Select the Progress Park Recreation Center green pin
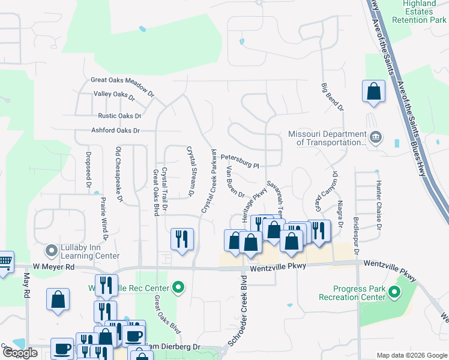(x=394, y=293)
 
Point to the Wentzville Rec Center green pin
(x=178, y=289)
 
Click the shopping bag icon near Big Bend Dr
(x=373, y=92)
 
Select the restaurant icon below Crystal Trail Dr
(x=181, y=239)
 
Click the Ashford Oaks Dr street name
(x=115, y=130)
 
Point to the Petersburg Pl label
(x=239, y=161)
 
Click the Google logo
(x=20, y=353)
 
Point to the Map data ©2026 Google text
(x=411, y=355)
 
